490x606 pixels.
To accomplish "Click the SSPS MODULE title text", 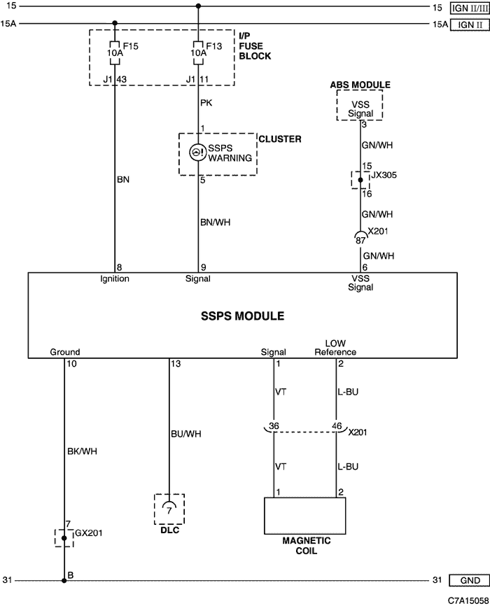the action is click(242, 316).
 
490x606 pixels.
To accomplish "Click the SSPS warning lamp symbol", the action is click(197, 152).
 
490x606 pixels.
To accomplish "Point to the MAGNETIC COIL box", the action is click(304, 516).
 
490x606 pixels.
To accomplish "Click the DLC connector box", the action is click(169, 509).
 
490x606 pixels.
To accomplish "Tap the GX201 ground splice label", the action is click(89, 533).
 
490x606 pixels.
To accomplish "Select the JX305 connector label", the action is click(384, 175).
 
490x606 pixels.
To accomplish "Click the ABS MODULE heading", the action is click(360, 85).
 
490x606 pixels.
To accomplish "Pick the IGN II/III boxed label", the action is click(470, 8).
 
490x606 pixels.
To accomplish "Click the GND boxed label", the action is click(470, 581).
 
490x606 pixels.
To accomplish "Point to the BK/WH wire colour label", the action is click(82, 451).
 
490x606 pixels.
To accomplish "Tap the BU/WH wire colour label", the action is click(186, 434).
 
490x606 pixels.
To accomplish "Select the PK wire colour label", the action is click(206, 103).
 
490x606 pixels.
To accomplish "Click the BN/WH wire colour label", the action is click(216, 223).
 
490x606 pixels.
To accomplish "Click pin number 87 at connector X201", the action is click(360, 241).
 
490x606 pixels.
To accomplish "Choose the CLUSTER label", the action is click(280, 139).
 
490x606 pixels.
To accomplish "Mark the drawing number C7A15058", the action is click(468, 600).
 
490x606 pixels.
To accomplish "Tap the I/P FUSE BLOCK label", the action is click(255, 46).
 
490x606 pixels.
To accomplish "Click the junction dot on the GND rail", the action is click(64, 581).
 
